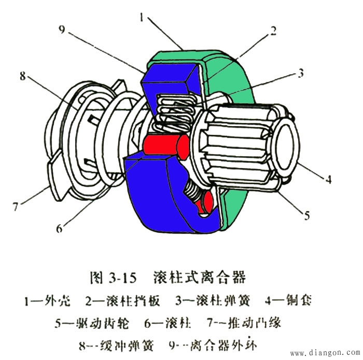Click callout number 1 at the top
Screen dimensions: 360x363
(142, 17)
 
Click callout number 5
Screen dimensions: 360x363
(307, 214)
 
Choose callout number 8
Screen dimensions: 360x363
(22, 76)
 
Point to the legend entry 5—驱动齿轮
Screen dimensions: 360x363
(91, 323)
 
